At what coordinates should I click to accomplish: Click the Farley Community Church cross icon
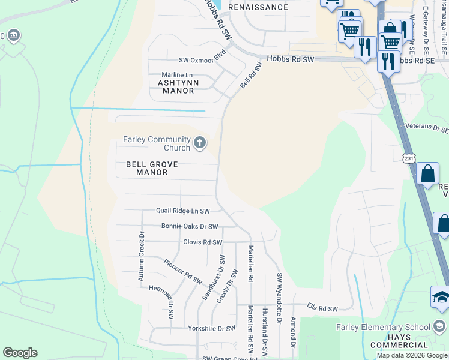click(200, 143)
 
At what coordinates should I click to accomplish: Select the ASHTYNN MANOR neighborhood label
click(176, 86)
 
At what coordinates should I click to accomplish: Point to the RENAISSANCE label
click(262, 8)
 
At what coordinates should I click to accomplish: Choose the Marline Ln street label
click(176, 74)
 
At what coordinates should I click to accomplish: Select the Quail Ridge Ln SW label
click(183, 211)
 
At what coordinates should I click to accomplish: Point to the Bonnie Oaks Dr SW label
click(189, 226)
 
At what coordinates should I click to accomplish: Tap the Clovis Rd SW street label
click(202, 242)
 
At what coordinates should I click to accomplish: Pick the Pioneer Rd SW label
click(183, 271)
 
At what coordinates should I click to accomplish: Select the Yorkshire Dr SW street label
click(211, 329)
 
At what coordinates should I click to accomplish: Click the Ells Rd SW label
click(322, 309)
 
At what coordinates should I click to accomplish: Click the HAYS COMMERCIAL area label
click(398, 341)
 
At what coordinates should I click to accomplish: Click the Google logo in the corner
click(20, 353)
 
